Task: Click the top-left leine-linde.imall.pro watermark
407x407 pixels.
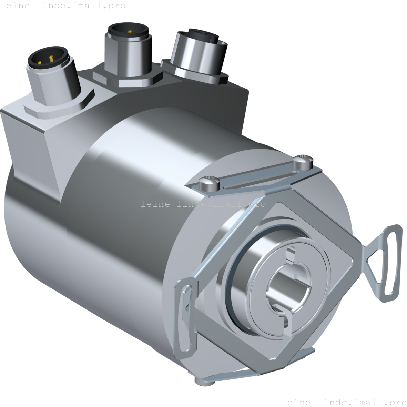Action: (x=63, y=6)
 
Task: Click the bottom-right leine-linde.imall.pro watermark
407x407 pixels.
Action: (x=344, y=402)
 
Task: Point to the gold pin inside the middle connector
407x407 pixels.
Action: (x=130, y=32)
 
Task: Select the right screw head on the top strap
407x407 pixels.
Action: (x=303, y=162)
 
